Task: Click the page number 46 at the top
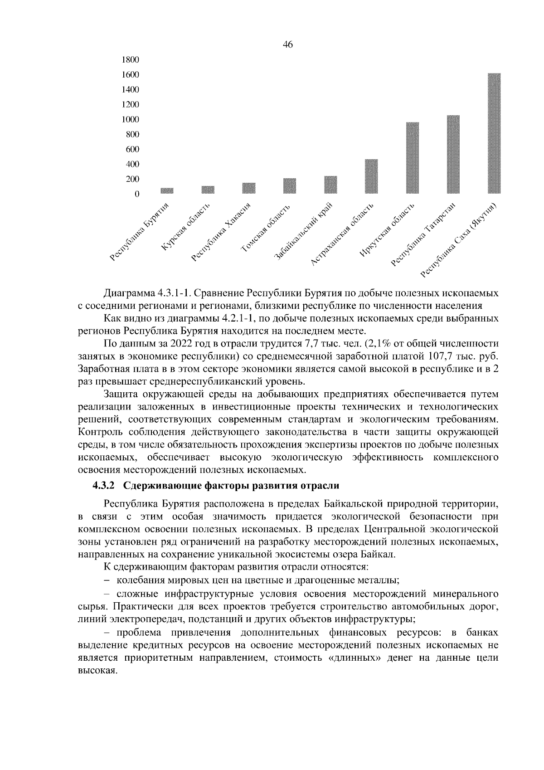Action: coord(288,44)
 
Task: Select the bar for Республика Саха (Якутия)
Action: coord(494,133)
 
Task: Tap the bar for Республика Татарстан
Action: coord(453,154)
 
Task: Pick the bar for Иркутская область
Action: coord(412,158)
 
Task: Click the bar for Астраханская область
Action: coord(371,176)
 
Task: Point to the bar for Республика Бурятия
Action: coord(167,190)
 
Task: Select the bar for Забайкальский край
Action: coord(330,185)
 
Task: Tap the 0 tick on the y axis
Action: coord(136,194)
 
